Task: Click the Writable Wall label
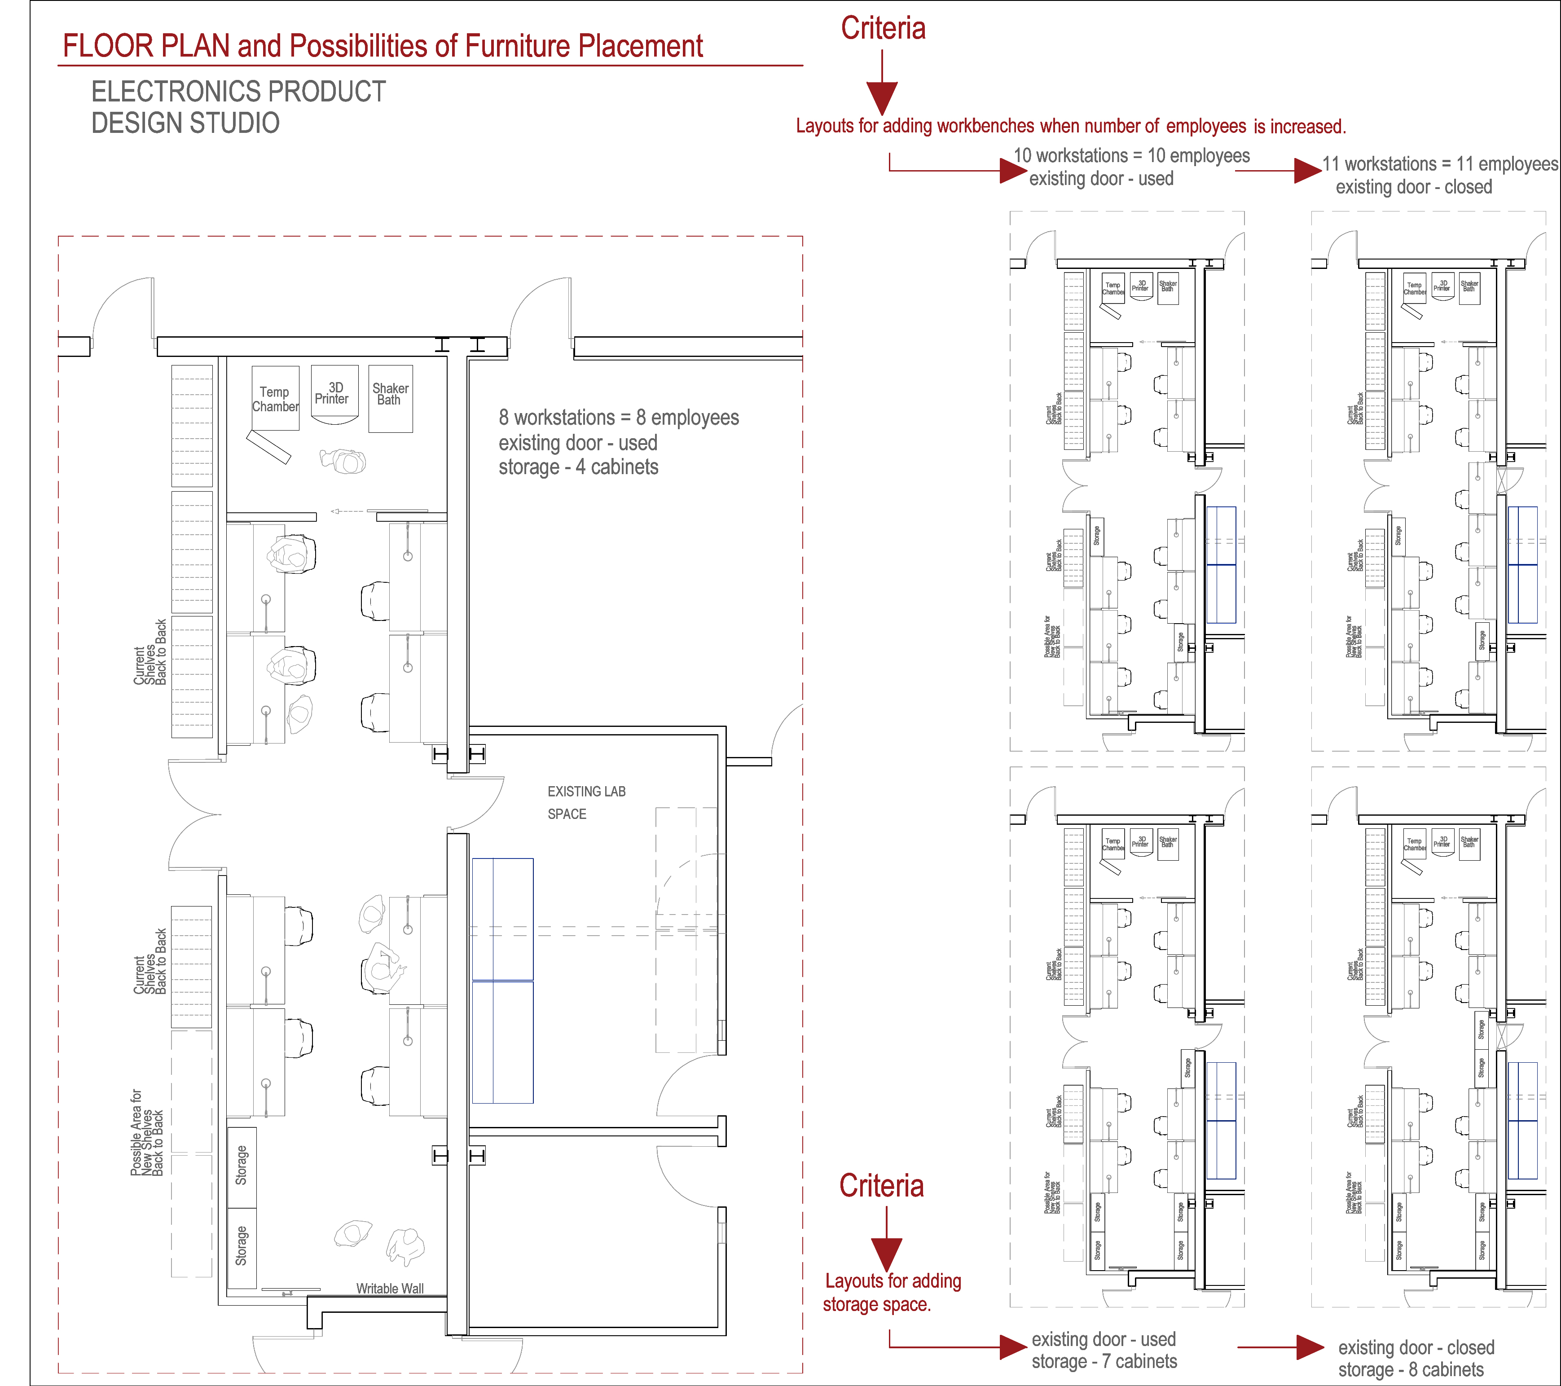click(390, 1288)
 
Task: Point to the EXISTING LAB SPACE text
click(586, 803)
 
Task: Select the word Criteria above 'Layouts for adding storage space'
click(881, 1186)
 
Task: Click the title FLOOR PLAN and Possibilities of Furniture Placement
click(383, 46)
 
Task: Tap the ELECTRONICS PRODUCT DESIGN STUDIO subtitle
click(238, 107)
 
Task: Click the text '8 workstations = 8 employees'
click(619, 418)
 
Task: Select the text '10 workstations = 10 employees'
click(1131, 156)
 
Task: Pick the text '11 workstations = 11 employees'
click(1440, 164)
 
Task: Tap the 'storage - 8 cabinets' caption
click(1411, 1370)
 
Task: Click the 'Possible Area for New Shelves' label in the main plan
click(147, 1132)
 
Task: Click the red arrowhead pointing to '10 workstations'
click(1013, 170)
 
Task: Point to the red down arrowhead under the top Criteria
click(882, 98)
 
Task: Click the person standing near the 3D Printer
click(343, 461)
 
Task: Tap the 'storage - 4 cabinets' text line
click(578, 467)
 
